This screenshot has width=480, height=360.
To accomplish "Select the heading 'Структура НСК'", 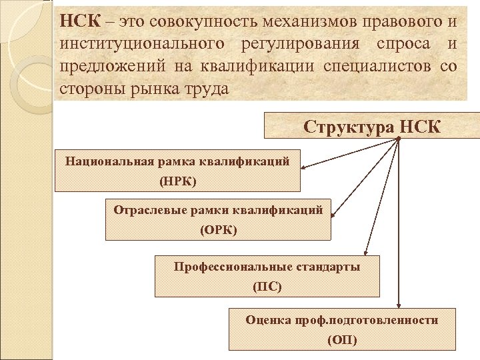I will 372,126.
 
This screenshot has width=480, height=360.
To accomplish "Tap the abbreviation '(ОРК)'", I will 218,230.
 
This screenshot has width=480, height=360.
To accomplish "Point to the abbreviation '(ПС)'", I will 267,287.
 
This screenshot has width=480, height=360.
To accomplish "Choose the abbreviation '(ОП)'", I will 342,340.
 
